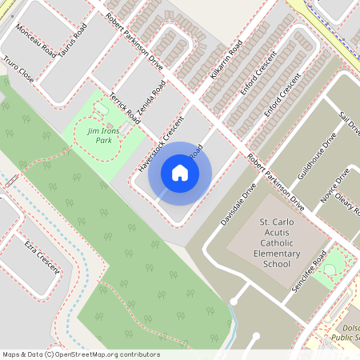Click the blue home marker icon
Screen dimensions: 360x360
[180, 172]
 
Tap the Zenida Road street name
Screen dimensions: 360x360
[153, 102]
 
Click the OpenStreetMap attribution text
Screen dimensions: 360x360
[80, 354]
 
